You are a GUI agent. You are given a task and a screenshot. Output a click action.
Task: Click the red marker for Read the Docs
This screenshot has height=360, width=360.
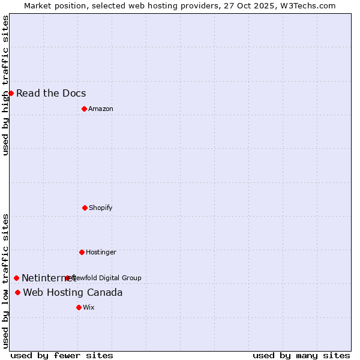tap(11, 93)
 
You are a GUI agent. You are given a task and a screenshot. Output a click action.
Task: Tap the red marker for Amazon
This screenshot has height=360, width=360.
tap(84, 109)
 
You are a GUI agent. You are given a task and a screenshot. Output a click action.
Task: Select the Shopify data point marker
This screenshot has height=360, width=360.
tap(85, 208)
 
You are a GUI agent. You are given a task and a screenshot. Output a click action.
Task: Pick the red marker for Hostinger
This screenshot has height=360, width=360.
tap(82, 252)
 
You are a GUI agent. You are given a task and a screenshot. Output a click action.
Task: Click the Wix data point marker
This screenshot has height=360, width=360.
tap(79, 307)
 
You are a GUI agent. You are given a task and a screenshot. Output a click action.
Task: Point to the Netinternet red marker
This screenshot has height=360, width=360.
tap(16, 278)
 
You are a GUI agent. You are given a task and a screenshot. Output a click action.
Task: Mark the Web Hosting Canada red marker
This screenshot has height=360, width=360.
tap(17, 292)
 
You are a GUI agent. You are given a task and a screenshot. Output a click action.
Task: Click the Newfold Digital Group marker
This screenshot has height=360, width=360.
tap(67, 278)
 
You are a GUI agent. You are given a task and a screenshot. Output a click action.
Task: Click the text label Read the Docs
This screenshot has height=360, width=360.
tap(51, 93)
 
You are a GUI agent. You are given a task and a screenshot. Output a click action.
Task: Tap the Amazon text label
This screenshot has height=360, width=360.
tap(101, 109)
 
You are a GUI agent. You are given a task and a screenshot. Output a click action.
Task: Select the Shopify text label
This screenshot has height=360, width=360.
tap(101, 208)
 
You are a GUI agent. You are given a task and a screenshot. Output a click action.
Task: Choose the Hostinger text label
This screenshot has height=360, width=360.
tap(101, 252)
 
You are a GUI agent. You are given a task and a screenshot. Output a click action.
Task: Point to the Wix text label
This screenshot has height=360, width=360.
tap(89, 307)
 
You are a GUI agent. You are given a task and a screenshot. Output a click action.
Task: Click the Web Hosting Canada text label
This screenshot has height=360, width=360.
tap(73, 292)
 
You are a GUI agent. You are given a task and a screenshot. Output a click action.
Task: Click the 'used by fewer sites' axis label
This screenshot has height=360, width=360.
tap(62, 355)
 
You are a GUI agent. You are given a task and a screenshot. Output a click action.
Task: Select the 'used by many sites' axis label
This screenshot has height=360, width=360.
tap(301, 355)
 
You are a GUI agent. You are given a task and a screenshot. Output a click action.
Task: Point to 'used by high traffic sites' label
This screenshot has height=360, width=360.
tap(5, 85)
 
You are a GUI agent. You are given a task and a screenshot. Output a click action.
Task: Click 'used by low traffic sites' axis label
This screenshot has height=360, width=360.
tap(5, 281)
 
